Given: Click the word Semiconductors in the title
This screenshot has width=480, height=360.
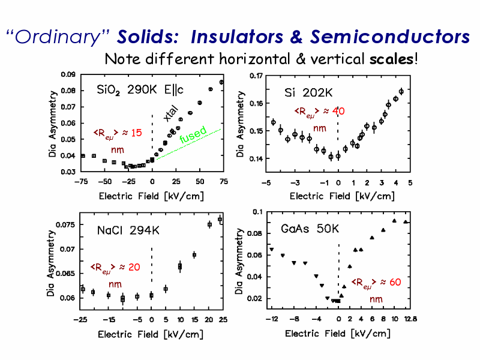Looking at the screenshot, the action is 389,37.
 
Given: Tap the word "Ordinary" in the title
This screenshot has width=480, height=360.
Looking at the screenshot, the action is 58,38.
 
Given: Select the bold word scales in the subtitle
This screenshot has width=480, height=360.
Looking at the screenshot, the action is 392,59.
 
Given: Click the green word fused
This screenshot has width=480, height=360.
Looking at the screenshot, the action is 193,134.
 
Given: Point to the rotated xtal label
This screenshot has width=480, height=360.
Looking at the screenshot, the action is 170,113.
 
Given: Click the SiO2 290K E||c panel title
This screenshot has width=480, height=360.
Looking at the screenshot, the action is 140,90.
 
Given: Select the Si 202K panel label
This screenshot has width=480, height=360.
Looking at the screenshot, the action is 308,92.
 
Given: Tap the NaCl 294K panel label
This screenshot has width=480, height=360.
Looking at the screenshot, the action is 128,230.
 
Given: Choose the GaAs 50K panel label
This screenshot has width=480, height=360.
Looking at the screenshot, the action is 310,229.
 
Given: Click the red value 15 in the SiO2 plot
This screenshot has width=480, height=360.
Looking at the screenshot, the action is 137,133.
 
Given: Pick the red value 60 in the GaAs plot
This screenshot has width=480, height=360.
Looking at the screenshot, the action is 395,282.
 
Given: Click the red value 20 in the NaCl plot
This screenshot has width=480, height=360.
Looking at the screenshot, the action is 134,267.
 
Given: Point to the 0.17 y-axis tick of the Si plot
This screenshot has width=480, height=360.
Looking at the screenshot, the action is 256,76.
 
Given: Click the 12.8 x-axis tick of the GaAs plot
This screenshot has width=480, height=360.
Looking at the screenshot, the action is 410,319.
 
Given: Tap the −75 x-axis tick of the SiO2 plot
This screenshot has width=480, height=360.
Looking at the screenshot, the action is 81,182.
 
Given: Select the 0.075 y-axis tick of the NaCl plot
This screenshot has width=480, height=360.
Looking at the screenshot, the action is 65,224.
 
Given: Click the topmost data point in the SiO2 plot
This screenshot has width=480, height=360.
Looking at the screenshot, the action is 221,82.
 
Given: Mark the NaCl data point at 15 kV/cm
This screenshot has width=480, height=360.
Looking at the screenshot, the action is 194,254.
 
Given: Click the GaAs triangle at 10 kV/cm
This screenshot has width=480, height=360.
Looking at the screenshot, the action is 394,220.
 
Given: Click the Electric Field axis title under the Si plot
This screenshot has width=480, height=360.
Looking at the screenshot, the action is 342,196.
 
